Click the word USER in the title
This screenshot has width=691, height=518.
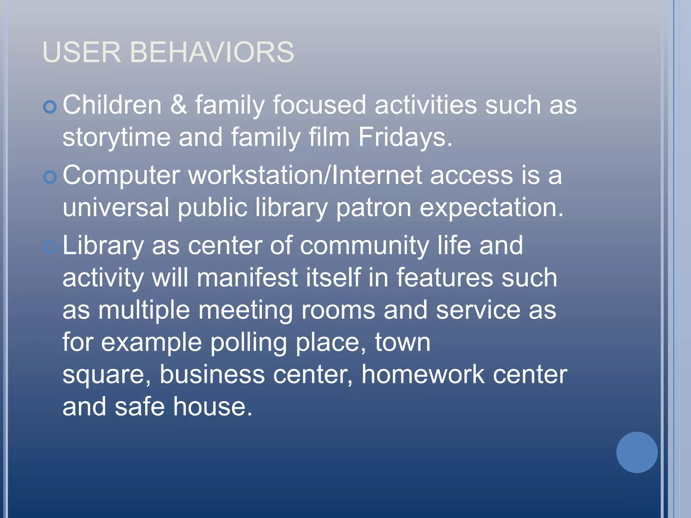(x=81, y=52)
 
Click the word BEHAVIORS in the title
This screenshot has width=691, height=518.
(x=212, y=52)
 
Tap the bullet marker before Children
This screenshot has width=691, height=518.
(x=50, y=107)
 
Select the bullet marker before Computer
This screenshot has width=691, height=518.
(x=50, y=177)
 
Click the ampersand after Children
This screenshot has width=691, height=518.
(x=178, y=105)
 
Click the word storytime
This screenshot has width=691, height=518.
(x=116, y=138)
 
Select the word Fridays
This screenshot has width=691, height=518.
(x=405, y=137)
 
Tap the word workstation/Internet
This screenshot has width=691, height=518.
(x=305, y=175)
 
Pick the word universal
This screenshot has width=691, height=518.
(x=116, y=207)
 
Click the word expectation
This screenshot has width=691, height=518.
(x=491, y=208)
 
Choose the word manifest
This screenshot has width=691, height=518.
(x=247, y=278)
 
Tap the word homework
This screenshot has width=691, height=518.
(x=423, y=374)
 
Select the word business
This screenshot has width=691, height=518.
(x=212, y=374)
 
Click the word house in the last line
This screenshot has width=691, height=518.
(x=213, y=407)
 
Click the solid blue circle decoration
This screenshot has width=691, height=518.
(x=637, y=452)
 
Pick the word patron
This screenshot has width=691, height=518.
(x=374, y=208)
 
